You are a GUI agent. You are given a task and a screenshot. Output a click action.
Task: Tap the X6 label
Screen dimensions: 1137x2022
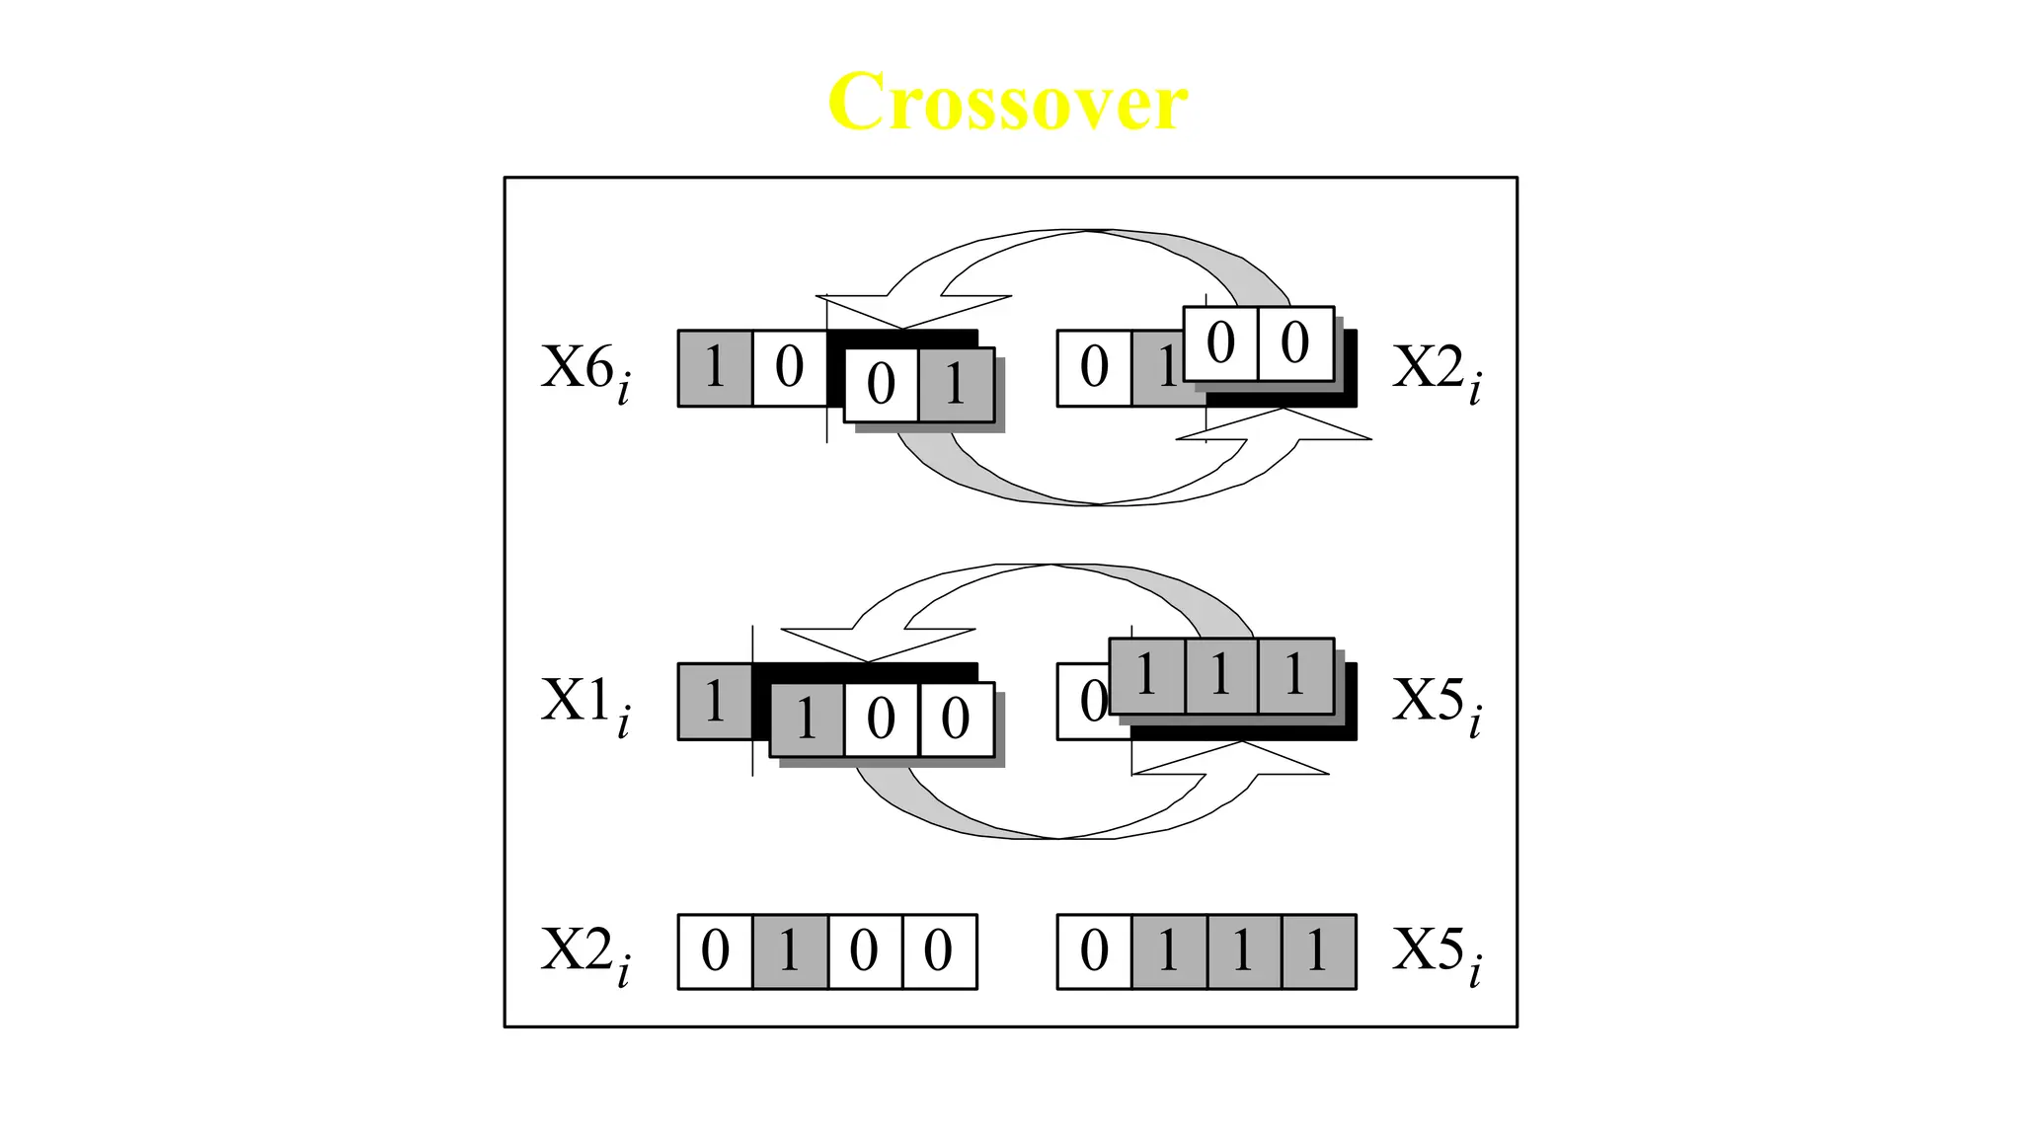click(x=584, y=371)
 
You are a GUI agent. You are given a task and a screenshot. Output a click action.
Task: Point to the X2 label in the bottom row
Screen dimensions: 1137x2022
click(x=584, y=953)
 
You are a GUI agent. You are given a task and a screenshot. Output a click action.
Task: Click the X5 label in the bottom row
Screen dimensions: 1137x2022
click(x=1437, y=953)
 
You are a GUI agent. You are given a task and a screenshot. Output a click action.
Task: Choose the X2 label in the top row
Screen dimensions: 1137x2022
click(x=1437, y=371)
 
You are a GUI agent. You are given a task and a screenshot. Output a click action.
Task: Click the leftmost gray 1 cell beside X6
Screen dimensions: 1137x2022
click(x=715, y=368)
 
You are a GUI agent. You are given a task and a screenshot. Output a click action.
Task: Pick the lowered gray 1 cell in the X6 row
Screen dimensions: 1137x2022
click(x=956, y=385)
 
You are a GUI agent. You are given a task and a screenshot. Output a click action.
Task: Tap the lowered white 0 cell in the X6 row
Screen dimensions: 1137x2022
click(x=881, y=385)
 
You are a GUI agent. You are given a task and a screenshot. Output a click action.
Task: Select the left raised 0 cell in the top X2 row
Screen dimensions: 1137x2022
click(x=1220, y=343)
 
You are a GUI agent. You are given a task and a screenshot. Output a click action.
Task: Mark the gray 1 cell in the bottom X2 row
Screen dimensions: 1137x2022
click(x=790, y=951)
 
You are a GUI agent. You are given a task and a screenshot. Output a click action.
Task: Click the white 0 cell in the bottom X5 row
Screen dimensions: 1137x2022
click(x=1094, y=951)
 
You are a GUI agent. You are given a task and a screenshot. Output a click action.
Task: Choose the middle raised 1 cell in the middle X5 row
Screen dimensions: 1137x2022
click(x=1221, y=676)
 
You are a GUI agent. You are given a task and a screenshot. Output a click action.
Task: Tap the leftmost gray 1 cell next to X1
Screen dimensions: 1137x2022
click(x=715, y=702)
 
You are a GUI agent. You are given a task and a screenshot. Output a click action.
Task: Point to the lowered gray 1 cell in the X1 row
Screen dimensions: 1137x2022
click(x=807, y=719)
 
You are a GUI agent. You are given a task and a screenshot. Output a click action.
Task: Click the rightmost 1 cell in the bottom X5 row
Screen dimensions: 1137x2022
click(x=1318, y=951)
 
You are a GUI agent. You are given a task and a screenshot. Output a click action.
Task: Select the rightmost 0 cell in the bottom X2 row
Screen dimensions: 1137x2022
click(x=939, y=951)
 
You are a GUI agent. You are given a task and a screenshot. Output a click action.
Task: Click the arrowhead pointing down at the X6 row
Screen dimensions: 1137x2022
click(x=900, y=313)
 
